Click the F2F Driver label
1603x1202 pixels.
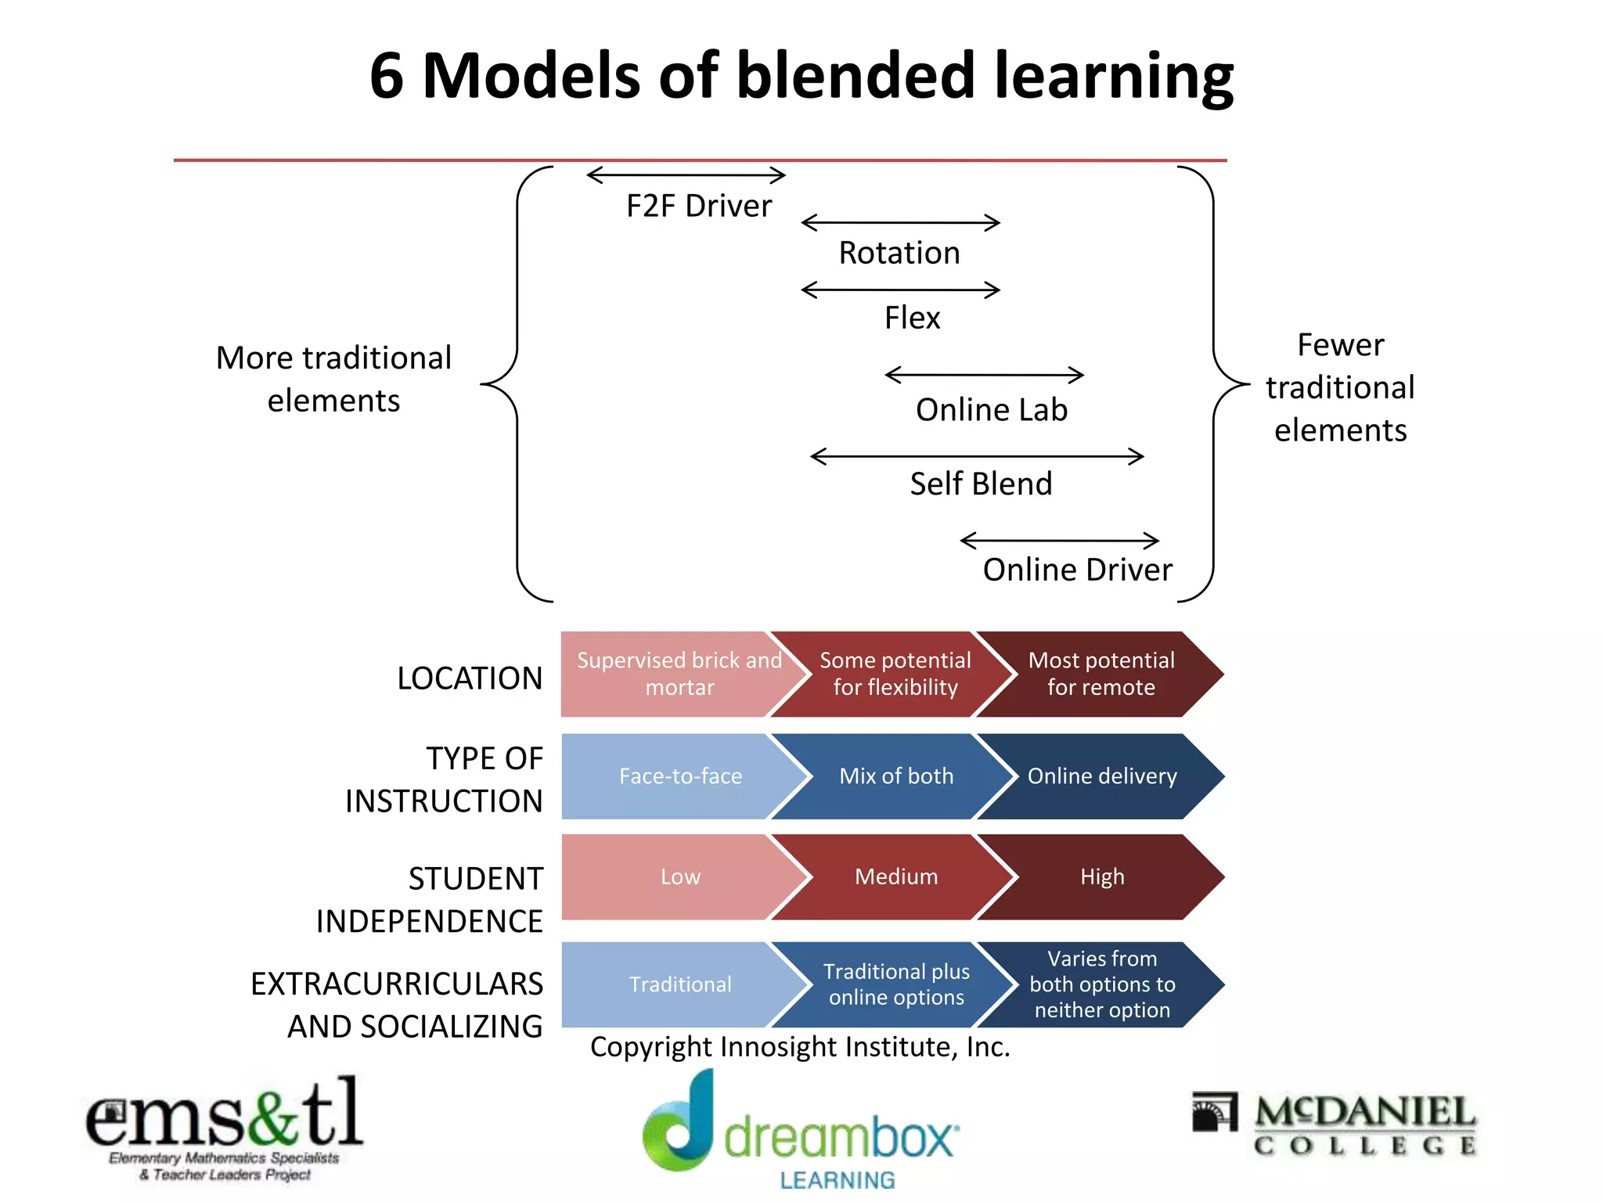click(x=698, y=206)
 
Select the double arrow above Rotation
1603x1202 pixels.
click(x=900, y=223)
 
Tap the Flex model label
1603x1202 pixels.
click(x=912, y=318)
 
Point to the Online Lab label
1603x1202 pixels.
click(x=991, y=410)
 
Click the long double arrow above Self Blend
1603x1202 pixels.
click(x=977, y=456)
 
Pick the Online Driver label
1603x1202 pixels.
click(x=1077, y=570)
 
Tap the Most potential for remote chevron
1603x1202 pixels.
click(x=1100, y=674)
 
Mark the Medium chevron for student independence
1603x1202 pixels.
click(x=895, y=876)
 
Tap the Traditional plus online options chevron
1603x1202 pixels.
click(x=895, y=984)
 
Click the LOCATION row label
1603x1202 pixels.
click(x=470, y=678)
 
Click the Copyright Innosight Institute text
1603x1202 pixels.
click(x=800, y=1047)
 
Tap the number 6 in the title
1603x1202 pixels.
click(x=387, y=76)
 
